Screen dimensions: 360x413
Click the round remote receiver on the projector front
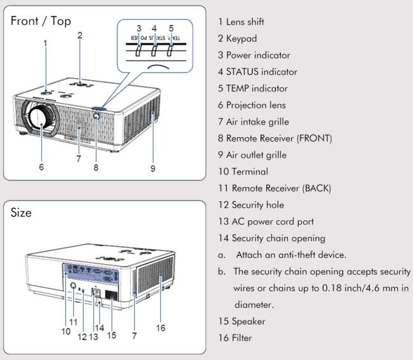pyautogui.click(x=97, y=116)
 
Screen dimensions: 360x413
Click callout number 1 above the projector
pyautogui.click(x=45, y=43)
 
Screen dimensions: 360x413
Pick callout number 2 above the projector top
pyautogui.click(x=80, y=36)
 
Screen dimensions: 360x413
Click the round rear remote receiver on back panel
pyautogui.click(x=73, y=286)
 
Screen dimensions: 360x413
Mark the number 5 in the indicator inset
pyautogui.click(x=171, y=28)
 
